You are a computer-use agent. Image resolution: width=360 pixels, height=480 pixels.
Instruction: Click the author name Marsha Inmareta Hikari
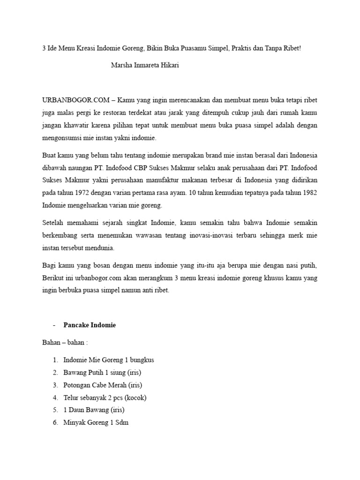pyautogui.click(x=144, y=65)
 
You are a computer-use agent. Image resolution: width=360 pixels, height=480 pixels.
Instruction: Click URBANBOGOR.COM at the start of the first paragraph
pyautogui.click(x=76, y=100)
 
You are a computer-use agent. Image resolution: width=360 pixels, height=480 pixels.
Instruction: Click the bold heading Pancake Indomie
pyautogui.click(x=89, y=325)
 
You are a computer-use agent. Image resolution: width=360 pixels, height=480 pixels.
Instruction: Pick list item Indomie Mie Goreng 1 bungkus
pyautogui.click(x=108, y=360)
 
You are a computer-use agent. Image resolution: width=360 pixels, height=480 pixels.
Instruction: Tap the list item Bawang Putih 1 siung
pyautogui.click(x=102, y=373)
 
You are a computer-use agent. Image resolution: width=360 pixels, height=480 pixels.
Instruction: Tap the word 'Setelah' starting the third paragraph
pyautogui.click(x=53, y=222)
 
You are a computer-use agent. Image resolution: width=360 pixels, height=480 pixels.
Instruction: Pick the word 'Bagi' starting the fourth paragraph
pyautogui.click(x=49, y=265)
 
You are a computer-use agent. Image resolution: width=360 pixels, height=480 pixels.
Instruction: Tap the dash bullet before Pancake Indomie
pyautogui.click(x=55, y=325)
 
